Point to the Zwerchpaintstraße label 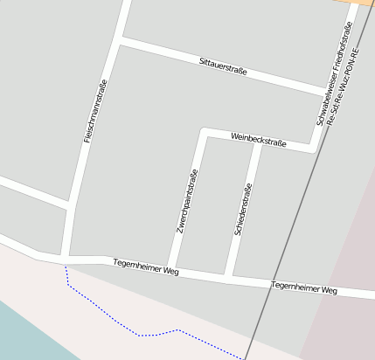click(x=186, y=201)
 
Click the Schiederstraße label click(x=242, y=210)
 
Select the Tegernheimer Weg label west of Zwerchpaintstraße click(x=146, y=268)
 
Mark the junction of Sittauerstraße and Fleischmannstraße click(x=121, y=40)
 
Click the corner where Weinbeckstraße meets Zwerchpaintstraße click(x=204, y=132)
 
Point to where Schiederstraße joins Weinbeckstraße click(x=258, y=143)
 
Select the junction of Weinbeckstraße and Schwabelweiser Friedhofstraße click(x=315, y=149)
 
